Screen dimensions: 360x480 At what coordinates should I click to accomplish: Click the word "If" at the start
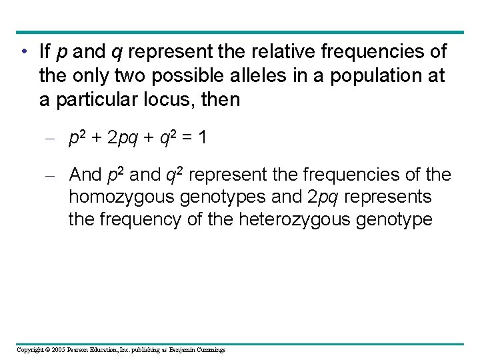click(x=45, y=51)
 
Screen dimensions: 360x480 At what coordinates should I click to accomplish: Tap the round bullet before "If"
click(x=23, y=52)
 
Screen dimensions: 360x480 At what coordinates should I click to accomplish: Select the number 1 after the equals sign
click(x=202, y=138)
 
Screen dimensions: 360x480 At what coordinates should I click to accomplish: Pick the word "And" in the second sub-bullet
click(x=85, y=175)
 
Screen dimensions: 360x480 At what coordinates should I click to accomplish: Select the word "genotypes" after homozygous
click(x=234, y=198)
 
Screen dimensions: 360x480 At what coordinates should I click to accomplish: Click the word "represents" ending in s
click(x=389, y=198)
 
